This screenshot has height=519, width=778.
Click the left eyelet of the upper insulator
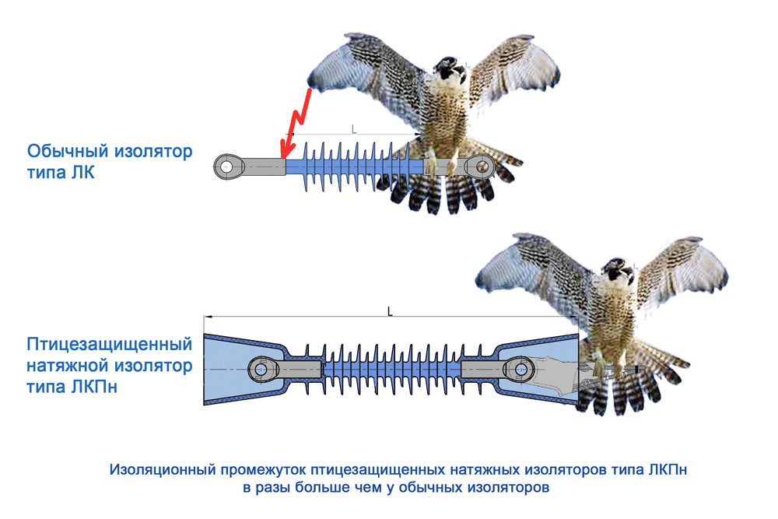(x=226, y=166)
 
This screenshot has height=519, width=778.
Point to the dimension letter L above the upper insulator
(x=354, y=129)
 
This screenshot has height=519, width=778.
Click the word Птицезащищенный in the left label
(x=110, y=344)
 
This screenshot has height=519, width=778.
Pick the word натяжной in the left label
(x=64, y=365)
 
